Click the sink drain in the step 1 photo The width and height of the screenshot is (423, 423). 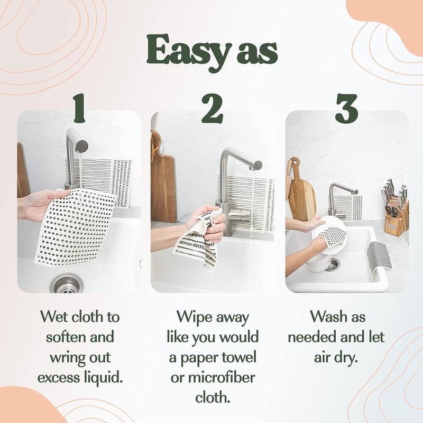[67, 283]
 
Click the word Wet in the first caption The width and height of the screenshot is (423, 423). [53, 317]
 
